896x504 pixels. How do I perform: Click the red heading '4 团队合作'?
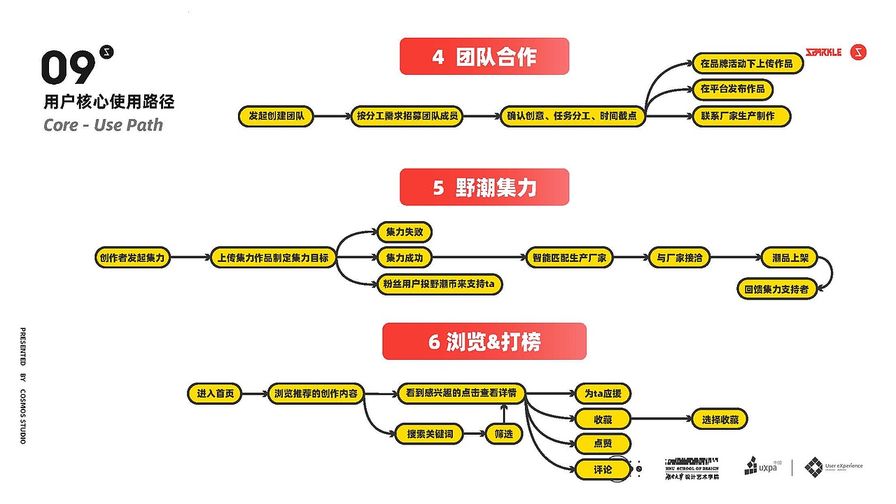tap(484, 57)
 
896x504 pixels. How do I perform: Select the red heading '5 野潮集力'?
tap(484, 188)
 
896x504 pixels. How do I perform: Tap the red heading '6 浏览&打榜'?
tap(484, 342)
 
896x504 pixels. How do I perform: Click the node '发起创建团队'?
tap(276, 116)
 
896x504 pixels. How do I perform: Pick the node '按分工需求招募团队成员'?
tap(407, 116)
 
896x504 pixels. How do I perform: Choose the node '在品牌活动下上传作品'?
tap(746, 64)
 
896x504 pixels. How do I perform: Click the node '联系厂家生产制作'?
tap(741, 116)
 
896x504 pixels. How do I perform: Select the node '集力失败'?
tap(405, 232)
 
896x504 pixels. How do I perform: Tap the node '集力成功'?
tap(405, 258)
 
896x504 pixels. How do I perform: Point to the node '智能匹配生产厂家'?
tap(569, 258)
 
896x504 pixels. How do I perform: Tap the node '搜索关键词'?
tap(430, 434)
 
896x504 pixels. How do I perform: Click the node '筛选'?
tap(504, 434)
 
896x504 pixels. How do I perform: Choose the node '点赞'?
tap(603, 444)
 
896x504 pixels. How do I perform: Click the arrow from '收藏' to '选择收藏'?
tap(661, 419)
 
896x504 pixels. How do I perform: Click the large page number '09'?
tap(68, 68)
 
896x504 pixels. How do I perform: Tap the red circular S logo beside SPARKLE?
tap(858, 52)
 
